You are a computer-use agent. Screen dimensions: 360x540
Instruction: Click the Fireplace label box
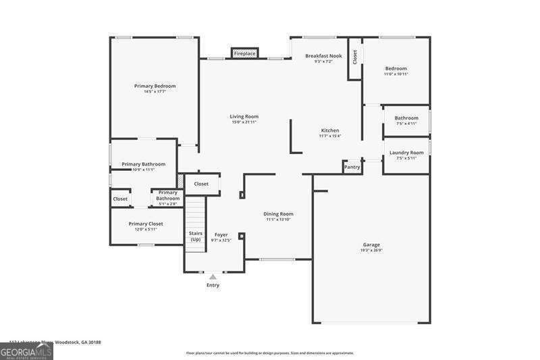244,53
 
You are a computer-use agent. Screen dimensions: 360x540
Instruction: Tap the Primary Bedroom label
155,86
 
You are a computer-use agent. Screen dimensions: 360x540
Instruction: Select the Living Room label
244,117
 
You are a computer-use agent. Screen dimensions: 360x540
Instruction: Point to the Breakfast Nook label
323,56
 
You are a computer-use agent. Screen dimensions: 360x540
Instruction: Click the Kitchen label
329,130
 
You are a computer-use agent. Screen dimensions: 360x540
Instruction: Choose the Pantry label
352,167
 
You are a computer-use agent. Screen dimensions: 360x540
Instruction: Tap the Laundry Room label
406,153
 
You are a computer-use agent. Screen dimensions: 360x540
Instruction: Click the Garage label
371,245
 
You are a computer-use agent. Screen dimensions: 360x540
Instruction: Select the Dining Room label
278,214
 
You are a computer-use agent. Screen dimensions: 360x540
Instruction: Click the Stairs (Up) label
195,236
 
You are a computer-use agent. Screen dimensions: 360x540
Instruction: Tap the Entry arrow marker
213,276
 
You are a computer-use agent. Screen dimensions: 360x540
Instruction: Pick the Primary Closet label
146,224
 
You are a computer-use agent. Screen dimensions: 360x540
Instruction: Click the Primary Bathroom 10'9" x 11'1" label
143,164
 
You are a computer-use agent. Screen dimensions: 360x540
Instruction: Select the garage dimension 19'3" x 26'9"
371,251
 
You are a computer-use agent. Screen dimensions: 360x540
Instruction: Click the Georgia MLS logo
26,351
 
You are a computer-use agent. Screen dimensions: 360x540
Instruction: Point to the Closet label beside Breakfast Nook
354,57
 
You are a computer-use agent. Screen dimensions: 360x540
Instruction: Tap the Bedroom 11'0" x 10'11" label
396,68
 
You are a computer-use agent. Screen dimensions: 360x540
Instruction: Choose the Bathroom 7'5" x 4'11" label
406,118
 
